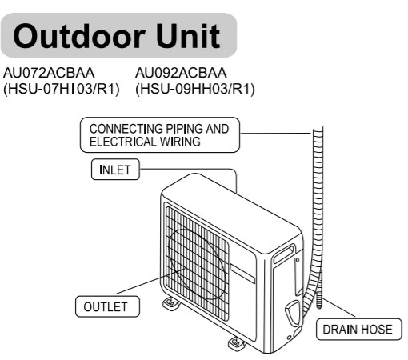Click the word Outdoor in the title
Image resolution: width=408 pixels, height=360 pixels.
click(79, 36)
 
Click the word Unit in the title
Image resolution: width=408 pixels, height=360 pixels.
click(187, 36)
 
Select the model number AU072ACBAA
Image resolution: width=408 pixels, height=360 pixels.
click(49, 73)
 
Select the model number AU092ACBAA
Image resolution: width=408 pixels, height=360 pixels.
click(181, 73)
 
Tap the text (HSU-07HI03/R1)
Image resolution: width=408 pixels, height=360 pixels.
click(61, 89)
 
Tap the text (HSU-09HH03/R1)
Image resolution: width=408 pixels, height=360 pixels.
click(195, 89)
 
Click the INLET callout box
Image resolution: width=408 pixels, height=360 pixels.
click(115, 170)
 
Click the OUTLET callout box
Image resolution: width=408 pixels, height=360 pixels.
click(107, 306)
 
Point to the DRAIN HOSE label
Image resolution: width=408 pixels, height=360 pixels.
click(358, 330)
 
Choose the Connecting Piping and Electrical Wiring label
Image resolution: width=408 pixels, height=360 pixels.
click(160, 135)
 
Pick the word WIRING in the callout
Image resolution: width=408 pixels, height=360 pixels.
click(180, 142)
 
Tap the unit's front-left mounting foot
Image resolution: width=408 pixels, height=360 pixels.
click(171, 303)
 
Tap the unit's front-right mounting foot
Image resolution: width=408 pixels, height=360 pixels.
click(237, 343)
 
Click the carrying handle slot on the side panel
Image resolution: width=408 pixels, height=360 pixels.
click(283, 254)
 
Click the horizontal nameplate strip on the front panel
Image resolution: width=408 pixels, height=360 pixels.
click(242, 274)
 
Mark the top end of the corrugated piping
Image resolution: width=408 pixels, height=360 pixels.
click(318, 129)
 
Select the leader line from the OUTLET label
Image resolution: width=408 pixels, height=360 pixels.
click(151, 282)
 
